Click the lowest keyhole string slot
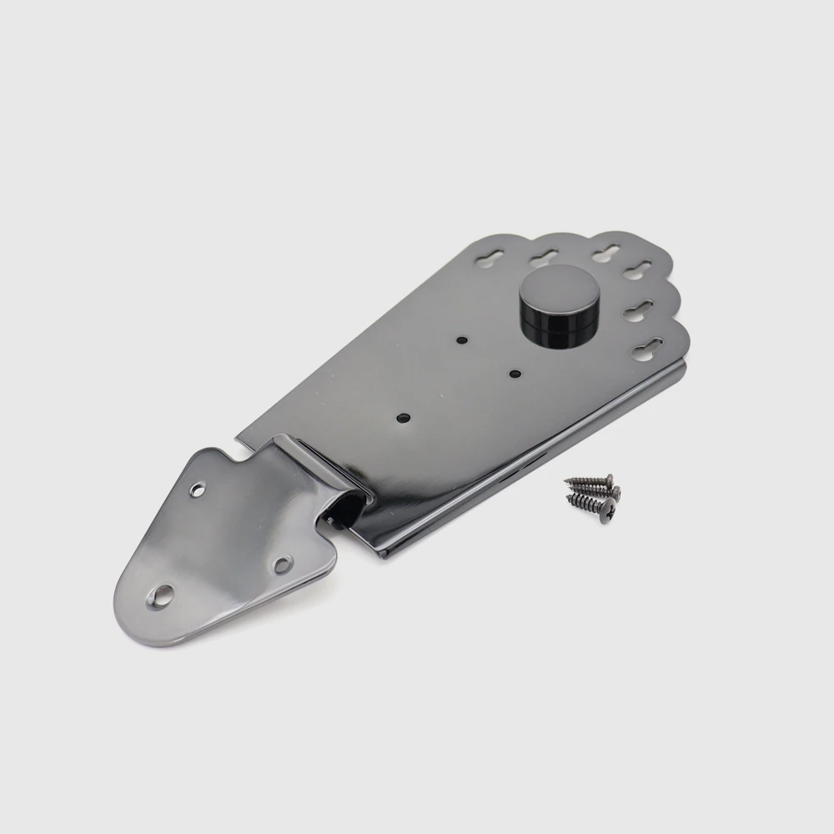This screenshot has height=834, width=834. (x=647, y=349)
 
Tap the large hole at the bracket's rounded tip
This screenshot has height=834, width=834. (x=163, y=595)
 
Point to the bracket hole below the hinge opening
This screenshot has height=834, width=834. (x=283, y=565)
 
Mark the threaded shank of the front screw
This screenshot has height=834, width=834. (x=584, y=501)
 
